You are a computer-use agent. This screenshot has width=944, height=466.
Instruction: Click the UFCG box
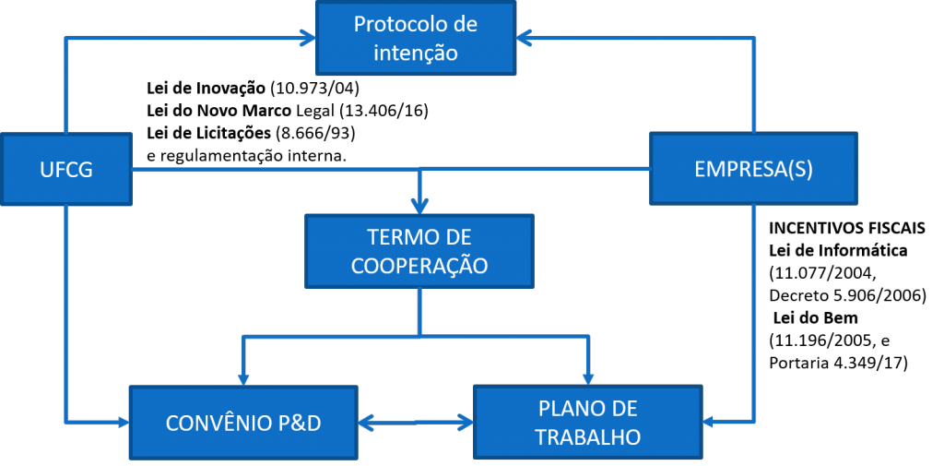click(66, 170)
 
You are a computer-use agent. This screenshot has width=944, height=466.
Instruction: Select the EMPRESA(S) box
click(753, 169)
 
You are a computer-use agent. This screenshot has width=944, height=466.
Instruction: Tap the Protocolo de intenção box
click(416, 38)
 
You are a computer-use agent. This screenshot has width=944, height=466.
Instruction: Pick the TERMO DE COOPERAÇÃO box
click(419, 252)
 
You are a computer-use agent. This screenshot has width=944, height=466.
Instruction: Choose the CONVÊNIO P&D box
click(244, 423)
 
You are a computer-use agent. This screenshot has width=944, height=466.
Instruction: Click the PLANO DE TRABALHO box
click(588, 422)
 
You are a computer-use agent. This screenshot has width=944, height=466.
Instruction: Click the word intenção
click(416, 52)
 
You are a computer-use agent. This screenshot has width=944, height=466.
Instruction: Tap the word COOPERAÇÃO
click(419, 266)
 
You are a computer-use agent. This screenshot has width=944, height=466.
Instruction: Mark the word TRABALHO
click(588, 436)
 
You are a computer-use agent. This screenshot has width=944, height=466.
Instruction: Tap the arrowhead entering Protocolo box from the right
click(524, 38)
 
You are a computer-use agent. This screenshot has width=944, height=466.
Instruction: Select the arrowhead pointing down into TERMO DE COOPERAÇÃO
click(419, 207)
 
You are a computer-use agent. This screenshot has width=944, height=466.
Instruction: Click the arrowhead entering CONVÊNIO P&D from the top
click(242, 377)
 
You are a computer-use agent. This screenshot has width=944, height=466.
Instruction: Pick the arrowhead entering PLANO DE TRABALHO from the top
click(588, 377)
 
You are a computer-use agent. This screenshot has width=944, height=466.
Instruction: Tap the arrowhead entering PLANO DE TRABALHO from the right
click(711, 422)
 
